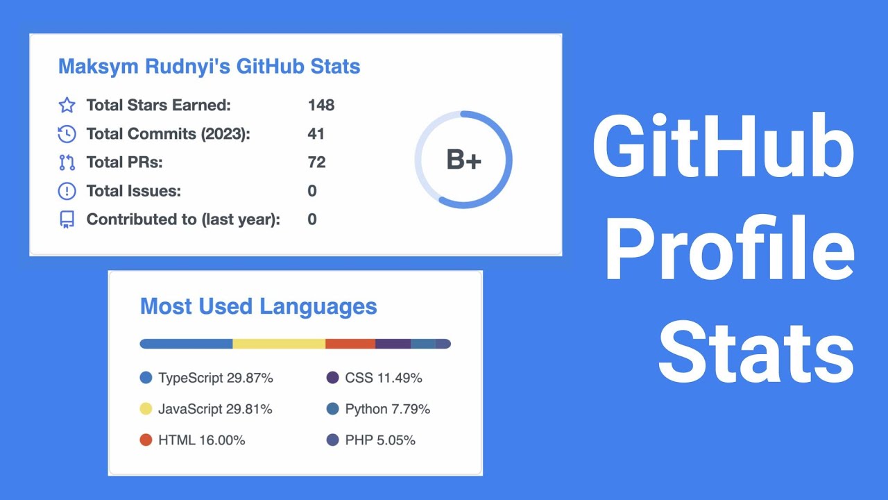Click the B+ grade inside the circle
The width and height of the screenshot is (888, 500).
pos(463,160)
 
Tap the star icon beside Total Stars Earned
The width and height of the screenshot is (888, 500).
pos(67,106)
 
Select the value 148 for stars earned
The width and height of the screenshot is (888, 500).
pos(321,106)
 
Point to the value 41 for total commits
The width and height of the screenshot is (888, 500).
pos(316,134)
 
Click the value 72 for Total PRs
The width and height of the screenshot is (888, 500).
pos(316,162)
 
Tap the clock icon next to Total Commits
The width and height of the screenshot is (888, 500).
pos(67,134)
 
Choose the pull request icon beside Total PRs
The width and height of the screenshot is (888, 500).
pos(67,162)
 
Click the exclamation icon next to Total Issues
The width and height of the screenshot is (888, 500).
pos(67,191)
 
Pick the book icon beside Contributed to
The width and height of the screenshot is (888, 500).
pos(67,219)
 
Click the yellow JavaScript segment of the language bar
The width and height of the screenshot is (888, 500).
pos(279,344)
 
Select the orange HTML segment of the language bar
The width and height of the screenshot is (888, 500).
pos(350,344)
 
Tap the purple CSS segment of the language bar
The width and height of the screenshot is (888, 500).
pos(393,344)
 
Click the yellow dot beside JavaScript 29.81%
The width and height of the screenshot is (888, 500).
pos(146,409)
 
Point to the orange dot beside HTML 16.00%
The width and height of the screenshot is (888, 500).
pos(146,440)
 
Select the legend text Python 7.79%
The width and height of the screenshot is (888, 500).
pos(387,409)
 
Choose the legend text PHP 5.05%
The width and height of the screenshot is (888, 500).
pos(380,440)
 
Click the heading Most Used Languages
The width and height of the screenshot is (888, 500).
pos(259,306)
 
